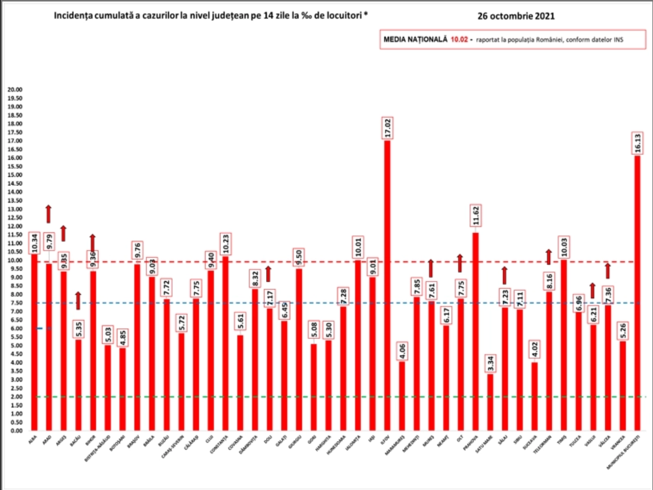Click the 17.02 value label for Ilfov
click(x=387, y=128)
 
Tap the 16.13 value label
click(x=637, y=143)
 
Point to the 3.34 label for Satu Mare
click(x=491, y=363)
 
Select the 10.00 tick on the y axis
click(x=16, y=260)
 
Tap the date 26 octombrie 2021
click(x=516, y=16)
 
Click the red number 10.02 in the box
click(x=459, y=40)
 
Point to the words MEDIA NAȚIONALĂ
click(x=415, y=40)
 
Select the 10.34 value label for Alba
click(x=35, y=243)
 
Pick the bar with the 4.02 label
click(x=535, y=396)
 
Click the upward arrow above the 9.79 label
click(x=49, y=214)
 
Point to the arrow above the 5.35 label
click(x=78, y=301)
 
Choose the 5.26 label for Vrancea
click(x=623, y=331)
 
